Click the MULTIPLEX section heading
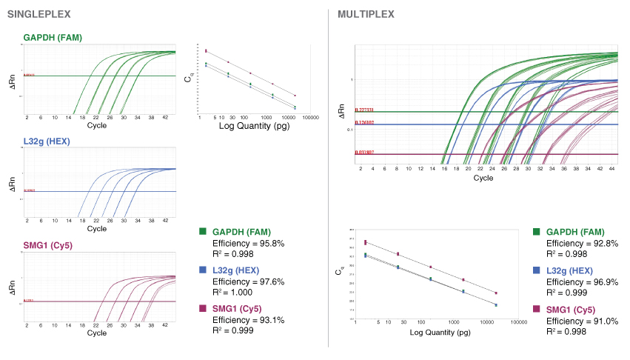tap(365, 14)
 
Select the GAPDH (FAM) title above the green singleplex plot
tap(53, 37)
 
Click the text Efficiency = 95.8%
tap(248, 243)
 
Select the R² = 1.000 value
tap(233, 293)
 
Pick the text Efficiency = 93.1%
tap(248, 320)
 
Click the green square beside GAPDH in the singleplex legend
tap(204, 232)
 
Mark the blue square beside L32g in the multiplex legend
tap(537, 271)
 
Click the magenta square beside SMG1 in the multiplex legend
tap(537, 309)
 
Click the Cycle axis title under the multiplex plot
tap(483, 178)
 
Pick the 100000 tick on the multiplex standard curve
tap(518, 322)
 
